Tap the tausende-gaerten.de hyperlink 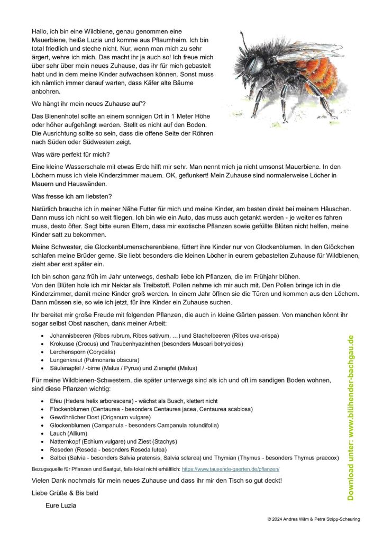230,469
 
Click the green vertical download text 350,418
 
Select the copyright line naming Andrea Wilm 313,519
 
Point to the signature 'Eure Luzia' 61,505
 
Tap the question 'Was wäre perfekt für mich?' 70,155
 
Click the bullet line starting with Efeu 134,401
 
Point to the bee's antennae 242,42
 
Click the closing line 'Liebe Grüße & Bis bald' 65,493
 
